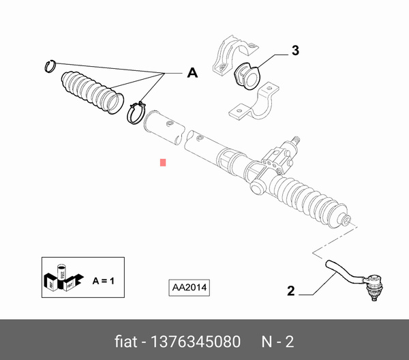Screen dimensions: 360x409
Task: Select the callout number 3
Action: (294, 50)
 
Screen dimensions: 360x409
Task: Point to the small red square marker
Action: (162, 162)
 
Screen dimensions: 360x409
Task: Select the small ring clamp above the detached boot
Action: (49, 66)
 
